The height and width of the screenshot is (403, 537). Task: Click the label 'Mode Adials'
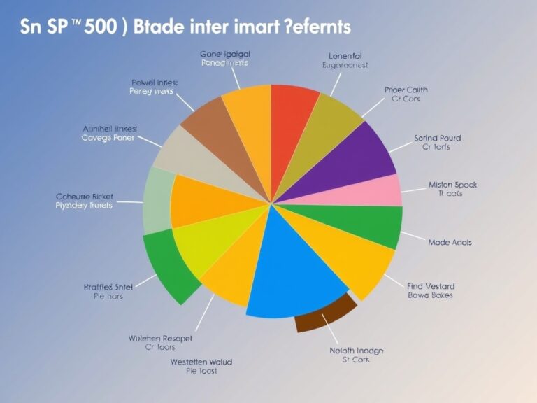[x=450, y=242]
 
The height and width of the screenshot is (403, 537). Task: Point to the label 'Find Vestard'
[x=430, y=285]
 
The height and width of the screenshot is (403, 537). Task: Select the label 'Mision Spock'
[x=452, y=185]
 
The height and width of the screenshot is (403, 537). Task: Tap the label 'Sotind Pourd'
[x=437, y=138]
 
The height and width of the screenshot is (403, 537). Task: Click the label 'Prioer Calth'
[x=406, y=90]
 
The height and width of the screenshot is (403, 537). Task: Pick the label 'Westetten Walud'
[x=201, y=362]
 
